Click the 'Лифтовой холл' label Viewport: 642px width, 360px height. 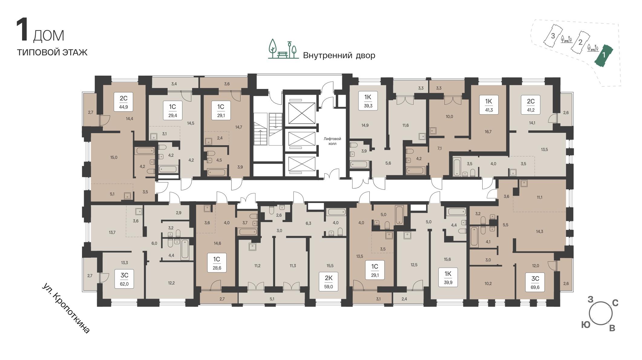point(332,141)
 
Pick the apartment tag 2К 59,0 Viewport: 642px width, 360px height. point(329,281)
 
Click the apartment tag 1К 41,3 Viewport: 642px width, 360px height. point(489,105)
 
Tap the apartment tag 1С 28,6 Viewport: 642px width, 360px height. point(216,263)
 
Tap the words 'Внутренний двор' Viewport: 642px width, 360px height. point(339,55)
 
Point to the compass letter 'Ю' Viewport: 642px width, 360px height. point(586,325)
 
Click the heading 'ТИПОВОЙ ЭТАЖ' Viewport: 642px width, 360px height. point(52,52)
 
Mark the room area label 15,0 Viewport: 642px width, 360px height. point(114,157)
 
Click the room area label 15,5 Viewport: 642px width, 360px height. point(330,266)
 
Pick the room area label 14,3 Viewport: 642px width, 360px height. point(539,231)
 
